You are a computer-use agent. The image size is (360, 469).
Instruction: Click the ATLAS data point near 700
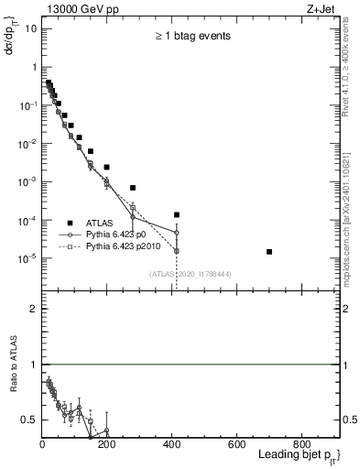pyautogui.click(x=268, y=251)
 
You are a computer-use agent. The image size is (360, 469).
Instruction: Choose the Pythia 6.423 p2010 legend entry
pyautogui.click(x=133, y=246)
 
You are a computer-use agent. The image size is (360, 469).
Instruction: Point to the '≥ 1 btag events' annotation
pyautogui.click(x=191, y=37)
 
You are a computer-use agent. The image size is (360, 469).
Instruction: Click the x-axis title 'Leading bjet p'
pyautogui.click(x=297, y=456)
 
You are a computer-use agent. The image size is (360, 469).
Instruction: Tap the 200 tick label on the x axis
pyautogui.click(x=106, y=444)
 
